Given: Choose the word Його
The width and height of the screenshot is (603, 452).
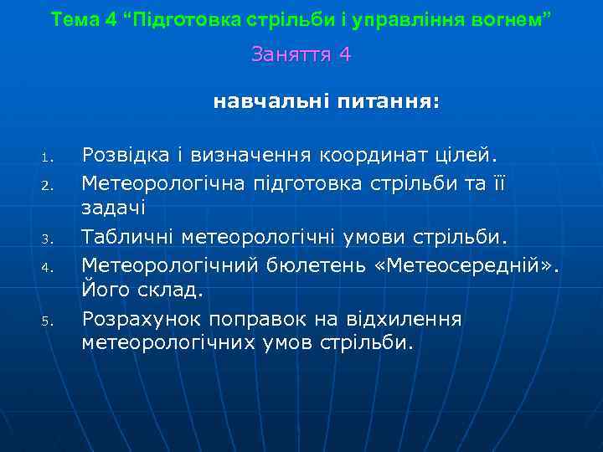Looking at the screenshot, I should (101, 290).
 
